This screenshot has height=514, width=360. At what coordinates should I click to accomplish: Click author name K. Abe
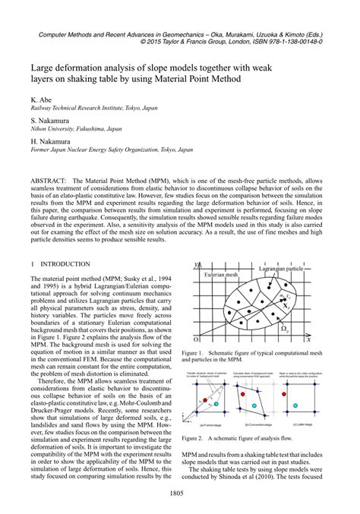[x=42, y=100]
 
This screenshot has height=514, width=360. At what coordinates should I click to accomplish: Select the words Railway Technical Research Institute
[x=77, y=109]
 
